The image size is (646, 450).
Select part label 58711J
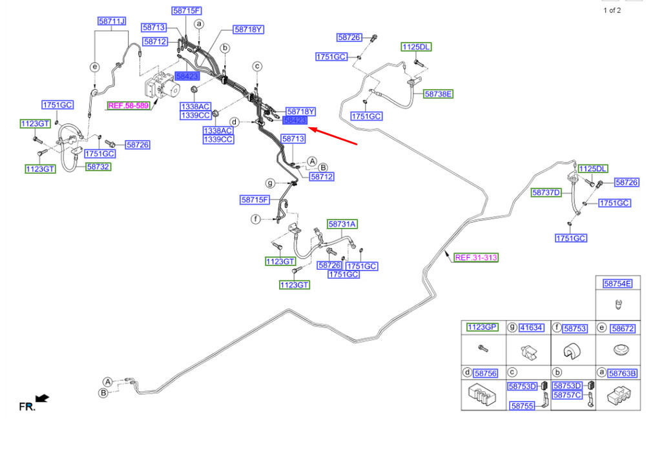pyautogui.click(x=112, y=21)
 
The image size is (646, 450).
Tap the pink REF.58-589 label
pyautogui.click(x=128, y=105)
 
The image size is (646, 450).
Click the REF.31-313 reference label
pyautogui.click(x=476, y=258)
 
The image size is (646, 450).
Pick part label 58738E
pyautogui.click(x=438, y=94)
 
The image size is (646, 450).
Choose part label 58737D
pyautogui.click(x=547, y=192)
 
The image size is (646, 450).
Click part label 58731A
pyautogui.click(x=342, y=224)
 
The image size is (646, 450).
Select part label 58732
pyautogui.click(x=98, y=167)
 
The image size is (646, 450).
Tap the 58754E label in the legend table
pyautogui.click(x=617, y=283)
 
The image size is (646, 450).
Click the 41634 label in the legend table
pyautogui.click(x=531, y=328)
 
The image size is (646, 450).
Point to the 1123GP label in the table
pyautogui.click(x=482, y=327)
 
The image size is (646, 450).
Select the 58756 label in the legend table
pyautogui.click(x=486, y=373)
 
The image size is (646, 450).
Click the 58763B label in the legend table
pyautogui.click(x=623, y=373)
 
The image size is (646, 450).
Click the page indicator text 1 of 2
pyautogui.click(x=612, y=10)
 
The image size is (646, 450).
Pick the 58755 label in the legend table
pyautogui.click(x=522, y=406)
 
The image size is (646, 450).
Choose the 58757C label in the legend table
pyautogui.click(x=567, y=395)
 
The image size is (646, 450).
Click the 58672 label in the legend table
pyautogui.click(x=623, y=328)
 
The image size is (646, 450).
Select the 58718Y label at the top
pyautogui.click(x=248, y=29)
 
